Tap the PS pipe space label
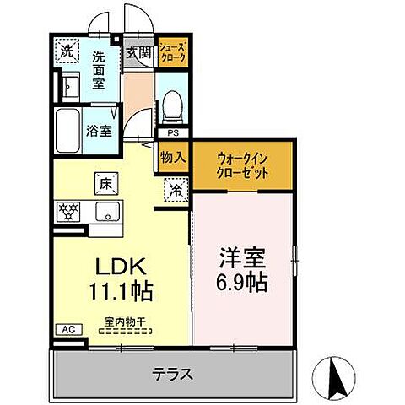click(x=173, y=133)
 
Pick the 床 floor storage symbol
click(x=107, y=181)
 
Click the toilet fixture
click(x=172, y=104)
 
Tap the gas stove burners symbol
click(x=67, y=212)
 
